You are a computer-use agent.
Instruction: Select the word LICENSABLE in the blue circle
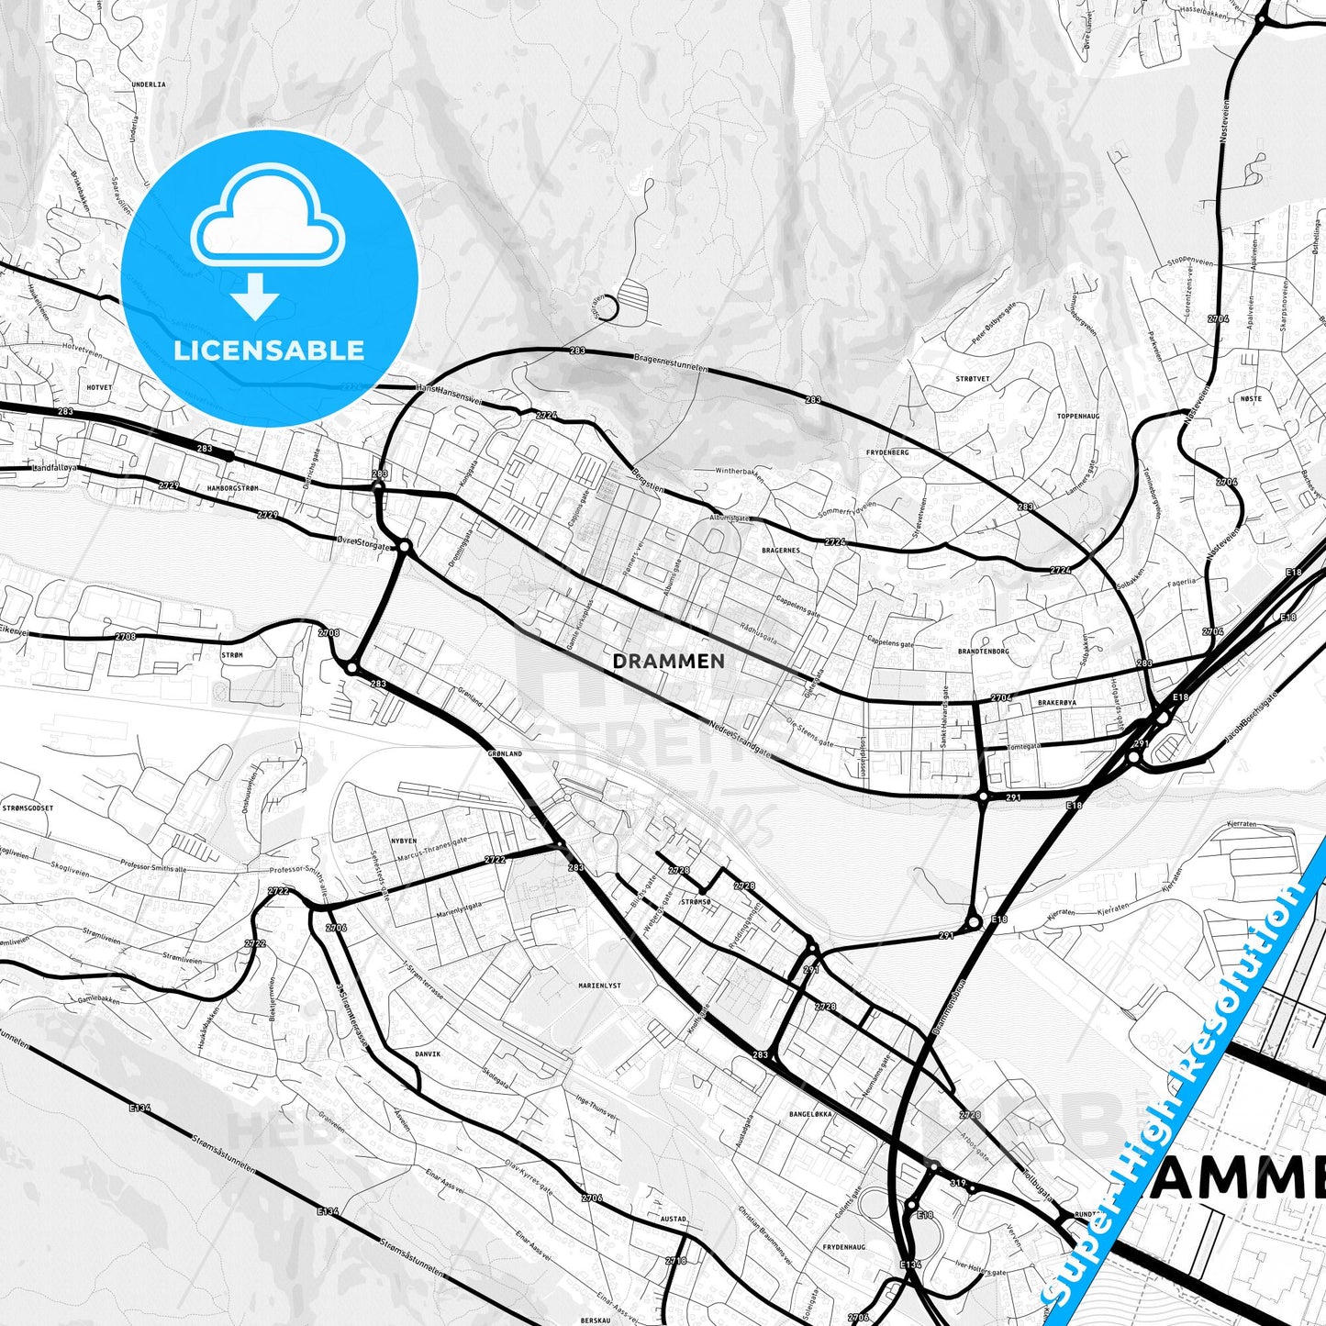(x=269, y=350)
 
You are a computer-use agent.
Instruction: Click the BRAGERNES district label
(x=781, y=551)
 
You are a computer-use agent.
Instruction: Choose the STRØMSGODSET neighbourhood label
(x=28, y=808)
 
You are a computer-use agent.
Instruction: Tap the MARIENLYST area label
(x=599, y=986)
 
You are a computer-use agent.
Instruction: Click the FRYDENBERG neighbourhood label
(x=887, y=452)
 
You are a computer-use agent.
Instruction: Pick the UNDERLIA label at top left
(x=149, y=84)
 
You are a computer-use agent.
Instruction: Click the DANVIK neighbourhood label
(x=428, y=1054)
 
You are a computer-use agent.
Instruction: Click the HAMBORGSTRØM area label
(x=233, y=488)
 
